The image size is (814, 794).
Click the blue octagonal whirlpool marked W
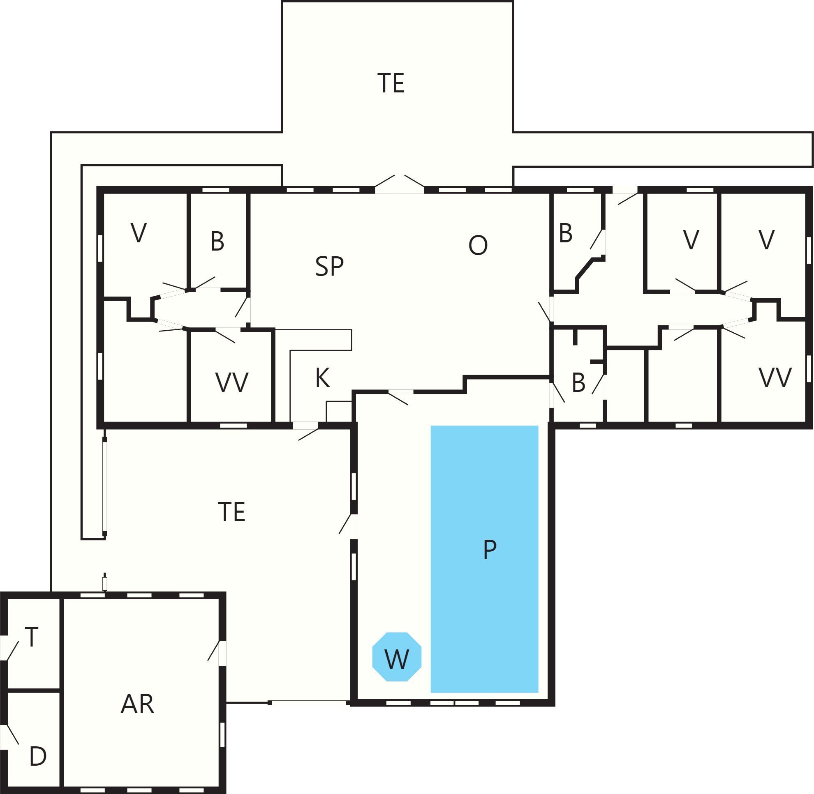click(x=397, y=657)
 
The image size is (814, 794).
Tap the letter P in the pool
click(x=490, y=550)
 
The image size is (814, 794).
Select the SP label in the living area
click(x=329, y=266)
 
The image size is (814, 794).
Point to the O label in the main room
click(x=478, y=245)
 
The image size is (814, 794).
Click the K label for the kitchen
click(x=323, y=378)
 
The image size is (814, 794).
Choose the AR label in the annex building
click(x=137, y=704)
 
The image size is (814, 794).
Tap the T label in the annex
click(x=32, y=637)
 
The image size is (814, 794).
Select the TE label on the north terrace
click(x=391, y=83)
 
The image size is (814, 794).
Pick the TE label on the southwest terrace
click(x=232, y=512)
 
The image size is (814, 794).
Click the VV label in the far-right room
click(x=775, y=378)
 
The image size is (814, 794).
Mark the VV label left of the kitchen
click(x=232, y=382)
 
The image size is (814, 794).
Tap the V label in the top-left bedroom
click(x=139, y=232)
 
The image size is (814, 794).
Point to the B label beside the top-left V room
click(x=217, y=242)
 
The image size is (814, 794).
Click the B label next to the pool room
click(x=578, y=383)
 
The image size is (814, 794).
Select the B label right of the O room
click(x=566, y=233)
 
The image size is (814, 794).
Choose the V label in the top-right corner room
click(x=766, y=240)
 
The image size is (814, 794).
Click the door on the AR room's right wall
click(x=217, y=654)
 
